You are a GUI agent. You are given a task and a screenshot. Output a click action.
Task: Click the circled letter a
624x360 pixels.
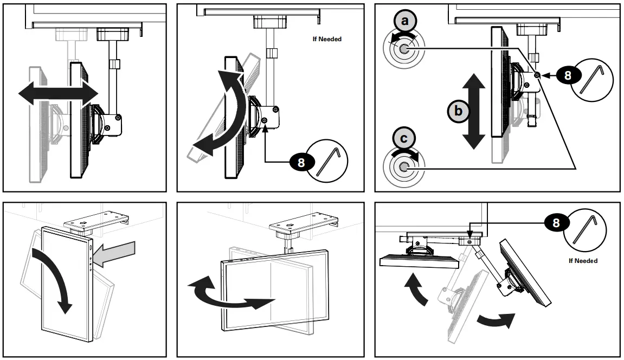coord(403,22)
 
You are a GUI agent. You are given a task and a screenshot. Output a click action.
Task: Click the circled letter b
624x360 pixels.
coord(458,111)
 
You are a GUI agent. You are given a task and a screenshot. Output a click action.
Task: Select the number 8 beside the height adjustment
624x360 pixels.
coord(568,75)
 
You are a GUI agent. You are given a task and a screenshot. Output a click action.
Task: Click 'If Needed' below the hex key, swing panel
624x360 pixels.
coord(583,261)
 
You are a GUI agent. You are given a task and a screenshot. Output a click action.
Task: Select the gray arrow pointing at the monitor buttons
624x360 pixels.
coord(116,253)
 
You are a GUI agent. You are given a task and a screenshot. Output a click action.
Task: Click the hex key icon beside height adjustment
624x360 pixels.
coord(593,79)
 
